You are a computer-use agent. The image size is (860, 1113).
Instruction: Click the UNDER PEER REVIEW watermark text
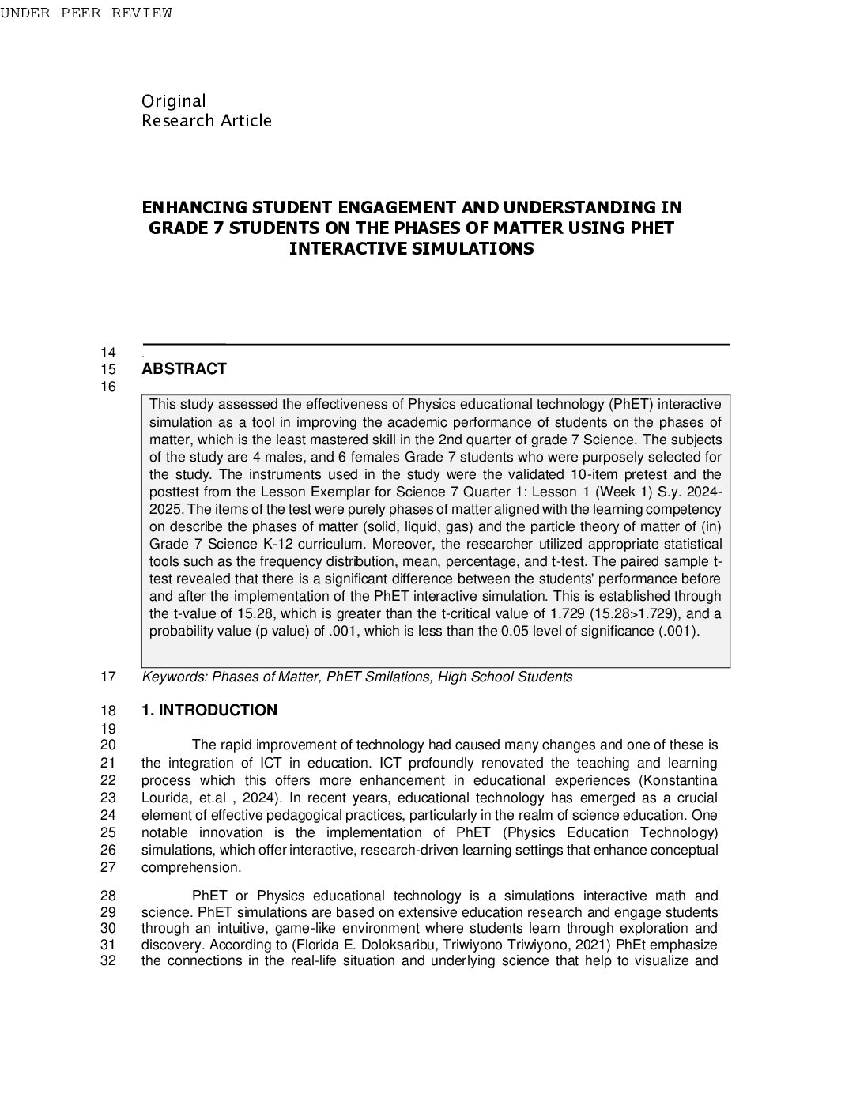tap(85, 13)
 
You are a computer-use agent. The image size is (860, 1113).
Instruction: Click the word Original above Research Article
tap(173, 101)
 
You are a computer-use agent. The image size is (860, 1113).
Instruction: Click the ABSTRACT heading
tap(183, 369)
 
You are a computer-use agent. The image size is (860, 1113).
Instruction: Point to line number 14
tap(108, 353)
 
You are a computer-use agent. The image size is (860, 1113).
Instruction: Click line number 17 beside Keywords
tap(108, 677)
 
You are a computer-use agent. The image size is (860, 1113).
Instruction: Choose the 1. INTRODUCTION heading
tap(209, 711)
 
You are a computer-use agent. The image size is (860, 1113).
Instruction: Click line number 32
tap(108, 961)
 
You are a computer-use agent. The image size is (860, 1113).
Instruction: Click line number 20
tap(108, 745)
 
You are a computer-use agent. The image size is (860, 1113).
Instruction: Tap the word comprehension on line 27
tap(190, 867)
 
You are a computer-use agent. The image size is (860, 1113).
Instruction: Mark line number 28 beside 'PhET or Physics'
tap(108, 896)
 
